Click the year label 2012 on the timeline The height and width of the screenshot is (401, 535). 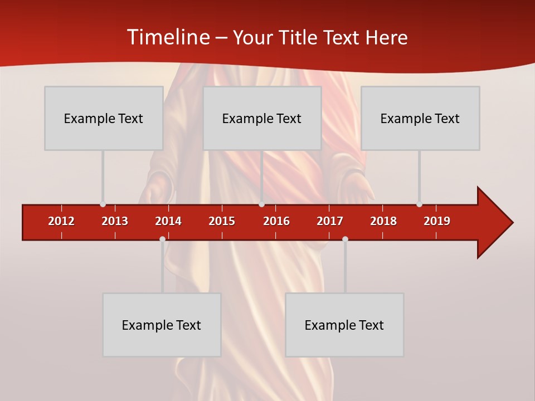61,221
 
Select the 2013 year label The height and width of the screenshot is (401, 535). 115,221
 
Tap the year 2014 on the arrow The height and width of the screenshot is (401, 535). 168,221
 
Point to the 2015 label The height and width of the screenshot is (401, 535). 222,221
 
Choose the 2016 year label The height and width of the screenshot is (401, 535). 276,221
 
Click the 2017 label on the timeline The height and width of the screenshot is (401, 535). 330,221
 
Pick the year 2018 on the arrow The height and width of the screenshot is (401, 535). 383,221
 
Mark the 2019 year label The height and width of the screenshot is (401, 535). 437,221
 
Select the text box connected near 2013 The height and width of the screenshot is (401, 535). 104,118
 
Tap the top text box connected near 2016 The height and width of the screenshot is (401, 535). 262,118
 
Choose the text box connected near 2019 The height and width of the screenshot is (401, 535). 420,118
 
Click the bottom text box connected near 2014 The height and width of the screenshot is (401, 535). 162,325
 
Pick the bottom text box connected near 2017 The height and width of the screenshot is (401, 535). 344,325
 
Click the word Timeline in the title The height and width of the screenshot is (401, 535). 167,37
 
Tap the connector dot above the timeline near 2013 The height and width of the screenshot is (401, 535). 103,204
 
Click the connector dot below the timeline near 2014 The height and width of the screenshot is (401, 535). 162,239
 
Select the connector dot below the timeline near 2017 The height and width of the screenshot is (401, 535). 345,239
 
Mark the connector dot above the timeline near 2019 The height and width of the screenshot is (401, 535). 419,204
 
